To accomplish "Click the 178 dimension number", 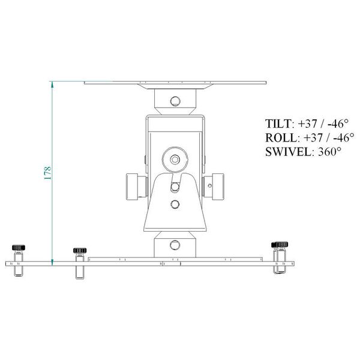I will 47,173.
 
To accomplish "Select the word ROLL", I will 278,138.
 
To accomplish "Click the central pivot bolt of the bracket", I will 175,160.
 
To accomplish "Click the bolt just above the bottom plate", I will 175,245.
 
